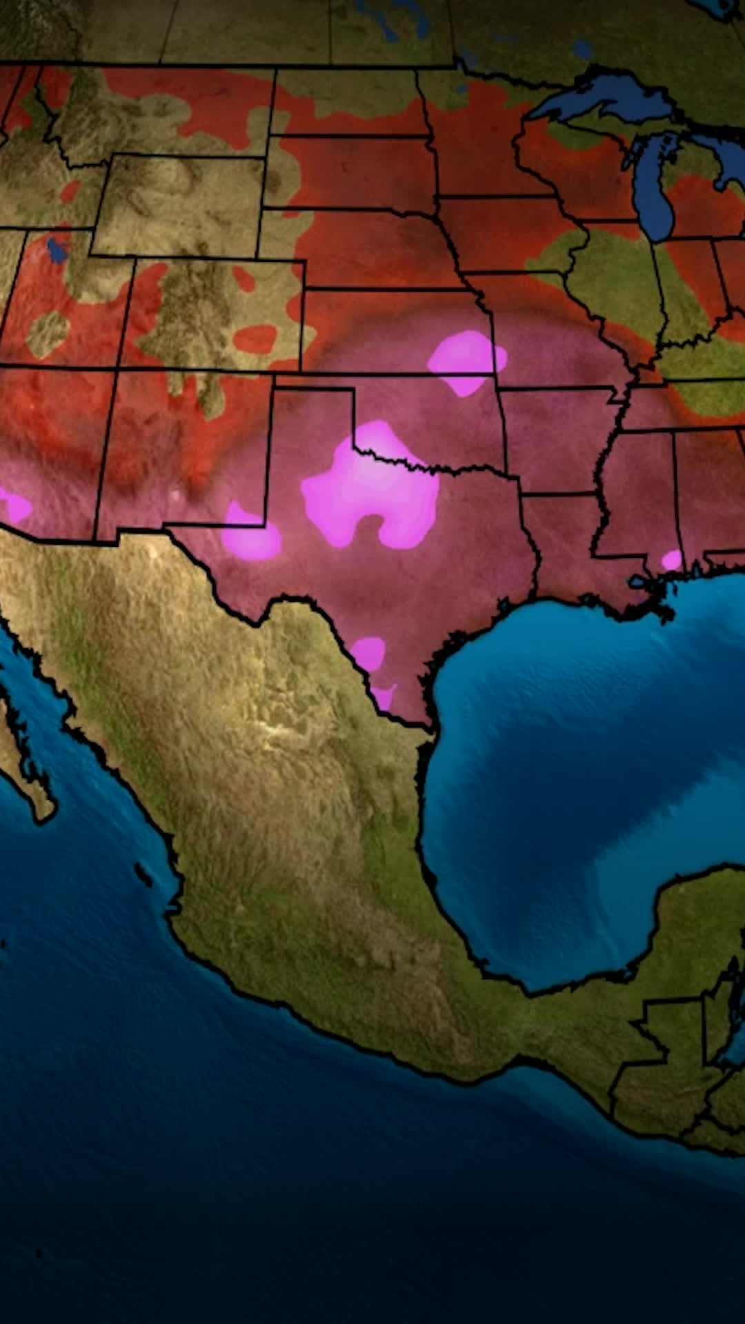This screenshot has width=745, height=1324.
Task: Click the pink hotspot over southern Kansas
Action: (x=466, y=360)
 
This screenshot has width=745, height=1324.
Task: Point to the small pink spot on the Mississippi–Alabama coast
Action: (x=671, y=559)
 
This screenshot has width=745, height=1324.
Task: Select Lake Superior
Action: (x=607, y=97)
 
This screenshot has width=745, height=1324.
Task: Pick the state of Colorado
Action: (x=214, y=314)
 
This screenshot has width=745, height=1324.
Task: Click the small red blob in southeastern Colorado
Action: (x=255, y=338)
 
